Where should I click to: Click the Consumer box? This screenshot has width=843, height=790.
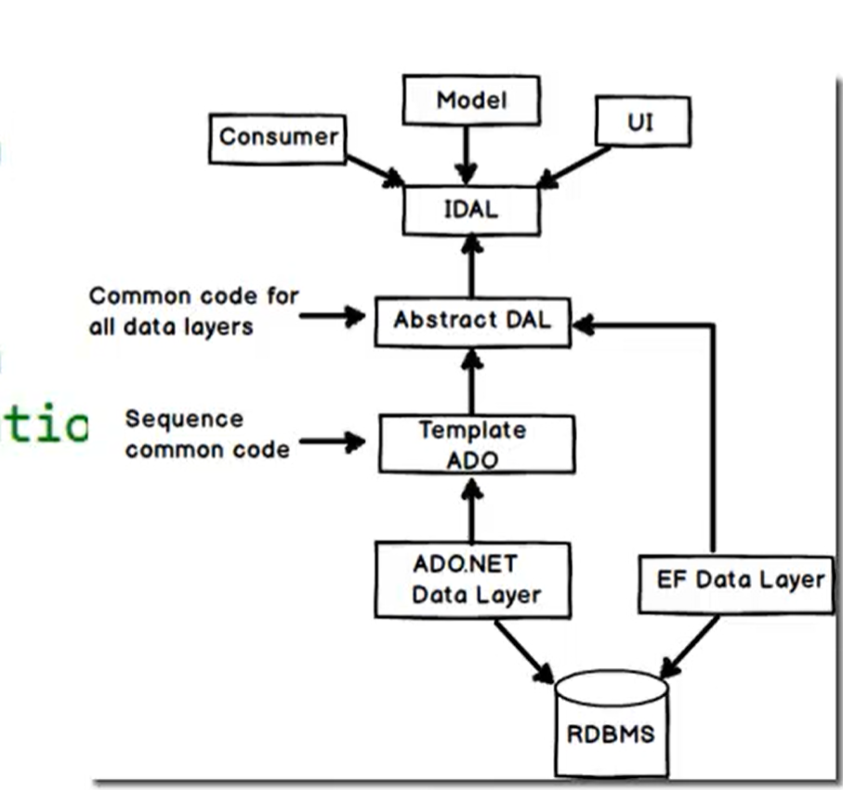pyautogui.click(x=278, y=138)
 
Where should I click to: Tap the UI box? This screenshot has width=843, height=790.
pyautogui.click(x=642, y=121)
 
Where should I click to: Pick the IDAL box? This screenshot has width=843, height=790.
pyautogui.click(x=471, y=209)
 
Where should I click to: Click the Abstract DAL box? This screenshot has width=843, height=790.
pyautogui.click(x=472, y=321)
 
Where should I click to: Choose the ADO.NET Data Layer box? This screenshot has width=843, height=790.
pyautogui.click(x=472, y=580)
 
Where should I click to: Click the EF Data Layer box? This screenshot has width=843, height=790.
pyautogui.click(x=736, y=581)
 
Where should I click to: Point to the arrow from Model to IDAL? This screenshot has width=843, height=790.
pyautogui.click(x=468, y=153)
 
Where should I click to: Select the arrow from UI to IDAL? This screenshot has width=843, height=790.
pyautogui.click(x=576, y=165)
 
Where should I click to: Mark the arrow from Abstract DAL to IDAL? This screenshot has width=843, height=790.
pyautogui.click(x=472, y=266)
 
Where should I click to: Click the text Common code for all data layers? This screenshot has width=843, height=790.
pyautogui.click(x=193, y=310)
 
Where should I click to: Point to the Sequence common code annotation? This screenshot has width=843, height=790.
pyautogui.click(x=207, y=434)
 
